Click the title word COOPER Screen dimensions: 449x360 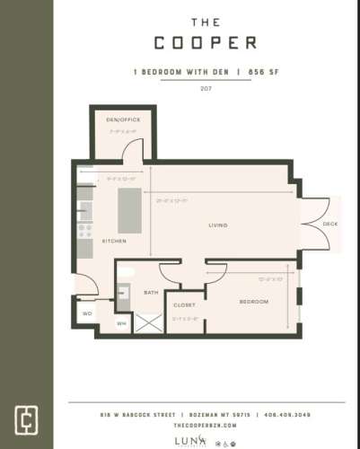pyautogui.click(x=205, y=42)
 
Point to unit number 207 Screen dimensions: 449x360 pyautogui.click(x=206, y=89)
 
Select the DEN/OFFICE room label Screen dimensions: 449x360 pyautogui.click(x=123, y=119)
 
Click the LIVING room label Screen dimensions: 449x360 pyautogui.click(x=217, y=224)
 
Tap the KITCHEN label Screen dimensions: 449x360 pyautogui.click(x=114, y=242)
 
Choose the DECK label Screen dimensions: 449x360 pyautogui.click(x=329, y=224)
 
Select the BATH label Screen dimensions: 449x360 pyautogui.click(x=151, y=293)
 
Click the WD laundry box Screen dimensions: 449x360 pyautogui.click(x=88, y=313)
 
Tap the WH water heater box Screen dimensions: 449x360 pyautogui.click(x=121, y=323)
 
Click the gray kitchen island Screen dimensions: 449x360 pyautogui.click(x=130, y=209)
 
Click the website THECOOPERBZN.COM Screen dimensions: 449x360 pyautogui.click(x=206, y=426)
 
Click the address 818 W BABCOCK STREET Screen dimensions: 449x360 pyautogui.click(x=133, y=415)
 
